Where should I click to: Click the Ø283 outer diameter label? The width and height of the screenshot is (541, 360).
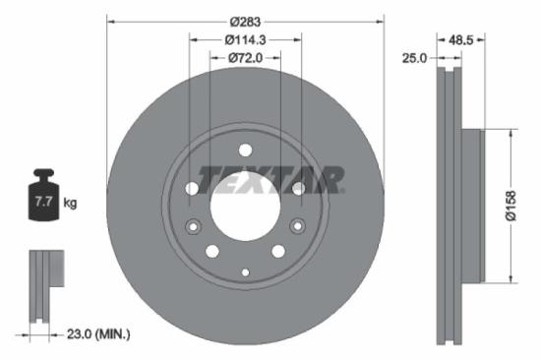245,21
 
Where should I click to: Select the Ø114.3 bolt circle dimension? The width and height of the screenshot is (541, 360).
245,39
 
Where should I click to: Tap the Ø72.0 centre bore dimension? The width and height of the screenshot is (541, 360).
245,58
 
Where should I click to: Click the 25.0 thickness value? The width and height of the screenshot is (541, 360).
414,58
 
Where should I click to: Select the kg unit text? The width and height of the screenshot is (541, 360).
71,204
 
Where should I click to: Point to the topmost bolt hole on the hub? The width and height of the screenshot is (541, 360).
245,149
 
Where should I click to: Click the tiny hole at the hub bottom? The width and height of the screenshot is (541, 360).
245,271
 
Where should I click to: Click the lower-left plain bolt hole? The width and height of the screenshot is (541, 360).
212,251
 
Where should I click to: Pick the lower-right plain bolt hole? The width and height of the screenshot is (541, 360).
277,251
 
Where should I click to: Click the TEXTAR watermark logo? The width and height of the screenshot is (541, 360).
271,179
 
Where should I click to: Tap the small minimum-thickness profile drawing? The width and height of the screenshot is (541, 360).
43,285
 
